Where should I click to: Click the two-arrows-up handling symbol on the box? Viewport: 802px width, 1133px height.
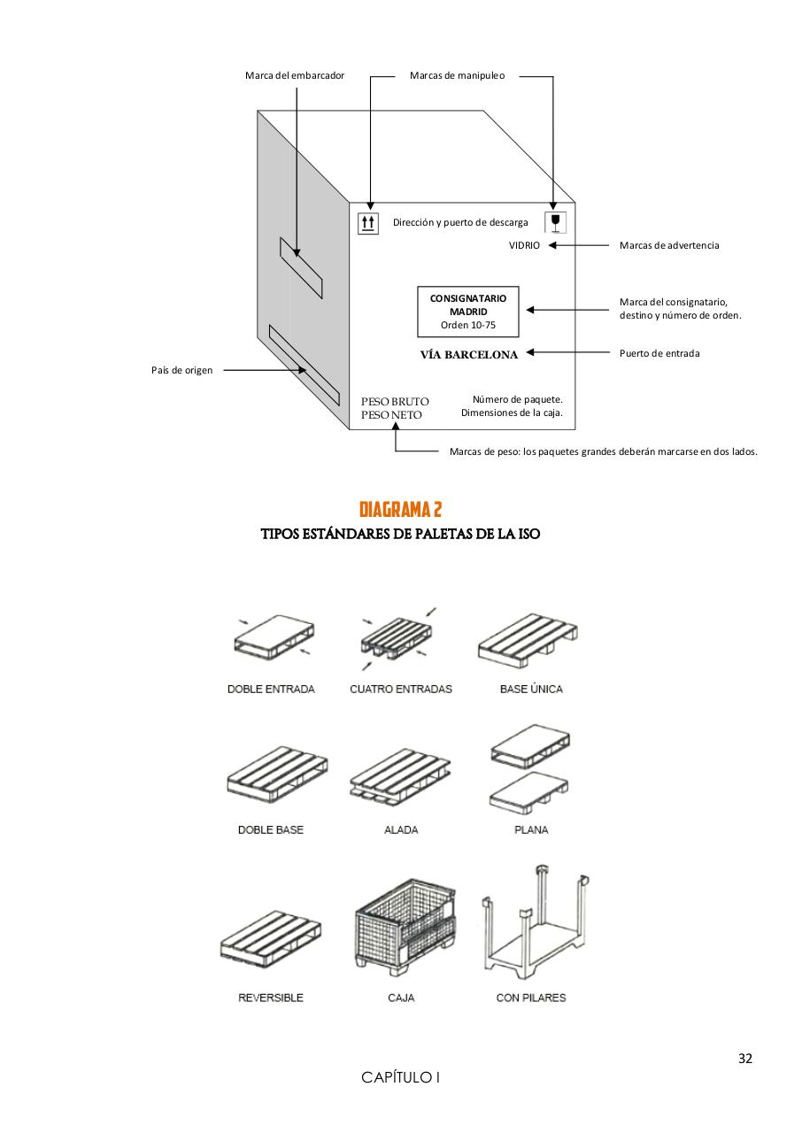367,224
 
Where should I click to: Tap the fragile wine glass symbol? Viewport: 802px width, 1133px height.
555,222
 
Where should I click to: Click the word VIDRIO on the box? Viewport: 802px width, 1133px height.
524,245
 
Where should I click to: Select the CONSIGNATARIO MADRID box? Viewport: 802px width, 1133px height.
468,311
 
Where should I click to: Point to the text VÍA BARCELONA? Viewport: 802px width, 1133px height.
468,354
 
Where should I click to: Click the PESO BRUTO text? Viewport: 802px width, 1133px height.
395,402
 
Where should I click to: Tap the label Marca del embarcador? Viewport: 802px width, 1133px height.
295,76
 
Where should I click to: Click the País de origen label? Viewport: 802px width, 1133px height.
181,370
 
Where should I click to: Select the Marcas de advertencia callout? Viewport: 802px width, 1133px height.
668,245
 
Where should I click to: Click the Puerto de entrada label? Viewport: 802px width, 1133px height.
659,353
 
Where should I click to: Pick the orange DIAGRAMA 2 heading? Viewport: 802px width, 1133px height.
400,509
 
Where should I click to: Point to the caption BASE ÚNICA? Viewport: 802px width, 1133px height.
530,689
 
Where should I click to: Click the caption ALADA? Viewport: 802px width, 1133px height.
401,830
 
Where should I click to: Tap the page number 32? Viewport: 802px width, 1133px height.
745,1059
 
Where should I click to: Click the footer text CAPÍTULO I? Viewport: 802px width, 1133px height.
400,1077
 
